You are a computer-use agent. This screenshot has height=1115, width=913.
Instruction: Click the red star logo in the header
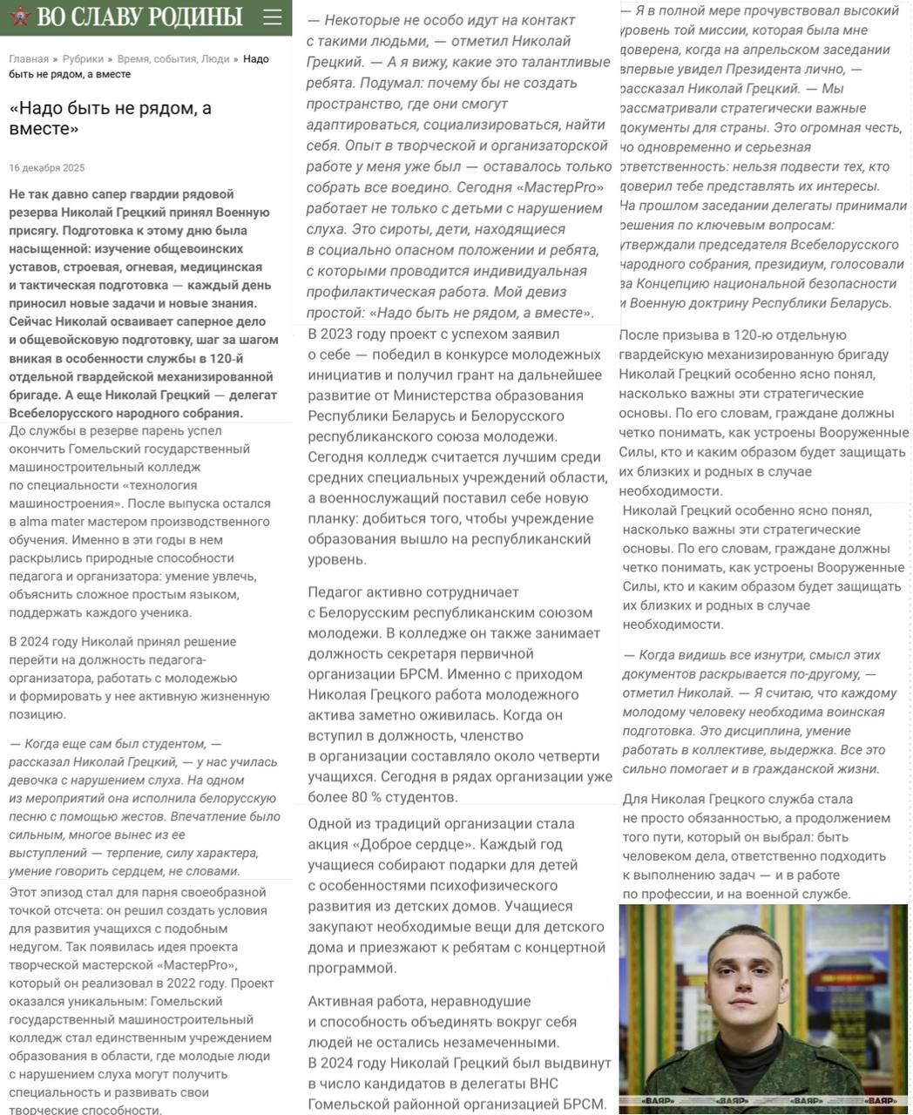(19, 16)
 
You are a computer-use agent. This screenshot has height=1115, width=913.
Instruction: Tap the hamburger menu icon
(272, 17)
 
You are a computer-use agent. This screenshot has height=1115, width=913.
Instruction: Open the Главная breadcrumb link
(29, 59)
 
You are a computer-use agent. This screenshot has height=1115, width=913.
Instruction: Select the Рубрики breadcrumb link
(83, 59)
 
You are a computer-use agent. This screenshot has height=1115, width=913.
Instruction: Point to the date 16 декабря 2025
(47, 167)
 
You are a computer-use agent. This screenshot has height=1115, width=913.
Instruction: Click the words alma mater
(51, 522)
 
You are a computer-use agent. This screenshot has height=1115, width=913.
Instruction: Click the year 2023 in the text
(352, 334)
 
